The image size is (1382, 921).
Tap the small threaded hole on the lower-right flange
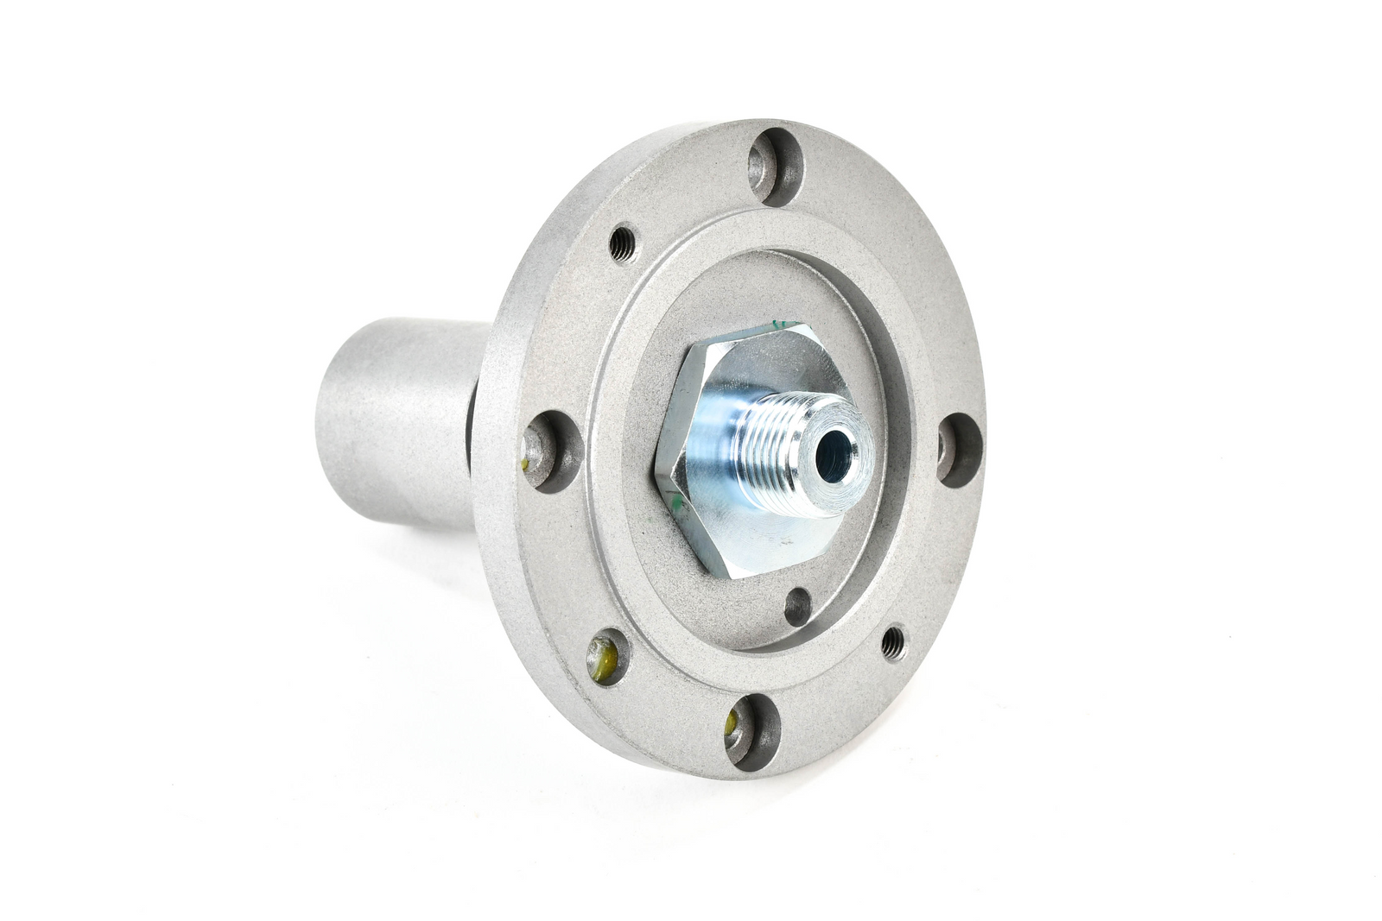click(x=894, y=640)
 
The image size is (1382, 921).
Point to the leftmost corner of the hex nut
click(x=661, y=473)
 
